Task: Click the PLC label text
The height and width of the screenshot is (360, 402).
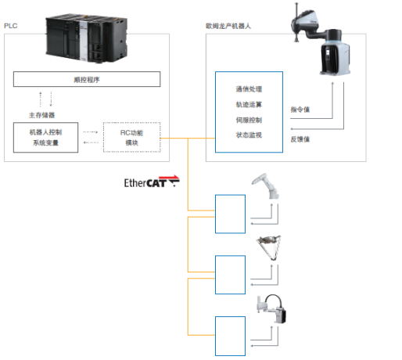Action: tap(11, 26)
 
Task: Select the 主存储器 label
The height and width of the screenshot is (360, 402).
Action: tap(41, 115)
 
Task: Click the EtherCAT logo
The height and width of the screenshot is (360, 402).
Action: tap(152, 182)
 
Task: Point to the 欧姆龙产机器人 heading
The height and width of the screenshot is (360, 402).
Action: tap(228, 26)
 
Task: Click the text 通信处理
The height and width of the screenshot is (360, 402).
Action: tap(249, 89)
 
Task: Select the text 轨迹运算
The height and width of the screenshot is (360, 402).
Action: tap(249, 104)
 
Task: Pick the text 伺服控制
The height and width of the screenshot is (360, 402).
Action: tap(249, 120)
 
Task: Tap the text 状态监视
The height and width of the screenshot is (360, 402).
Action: tap(249, 135)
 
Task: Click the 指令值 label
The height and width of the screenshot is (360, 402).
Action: tap(300, 110)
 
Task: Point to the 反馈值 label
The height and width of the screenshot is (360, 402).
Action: tap(300, 139)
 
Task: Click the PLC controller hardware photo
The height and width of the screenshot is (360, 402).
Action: tap(87, 38)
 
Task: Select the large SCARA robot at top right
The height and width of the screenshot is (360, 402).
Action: tap(321, 39)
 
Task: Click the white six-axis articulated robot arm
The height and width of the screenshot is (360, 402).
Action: tap(265, 185)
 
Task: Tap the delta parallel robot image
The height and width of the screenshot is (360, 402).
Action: tap(269, 248)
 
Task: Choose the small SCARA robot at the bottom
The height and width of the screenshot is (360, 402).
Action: tap(271, 309)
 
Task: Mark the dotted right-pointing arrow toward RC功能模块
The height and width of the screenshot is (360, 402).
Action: tap(90, 132)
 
